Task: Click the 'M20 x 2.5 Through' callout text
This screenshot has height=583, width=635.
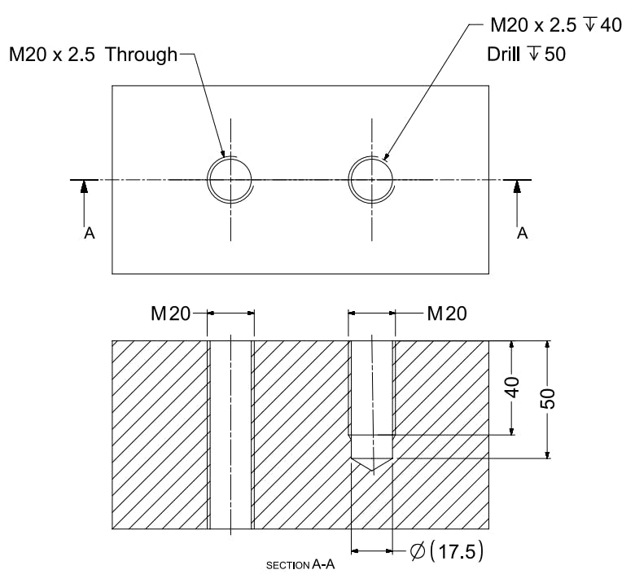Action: (92, 55)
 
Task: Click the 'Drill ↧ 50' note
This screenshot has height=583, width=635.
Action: (526, 55)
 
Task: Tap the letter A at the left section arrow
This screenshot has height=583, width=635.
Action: (90, 234)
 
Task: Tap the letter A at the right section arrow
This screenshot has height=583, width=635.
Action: (523, 234)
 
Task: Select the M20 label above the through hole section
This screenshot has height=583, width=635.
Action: (170, 313)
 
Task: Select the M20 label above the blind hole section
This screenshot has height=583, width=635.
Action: (446, 313)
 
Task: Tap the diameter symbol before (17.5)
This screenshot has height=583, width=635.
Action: (416, 551)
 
